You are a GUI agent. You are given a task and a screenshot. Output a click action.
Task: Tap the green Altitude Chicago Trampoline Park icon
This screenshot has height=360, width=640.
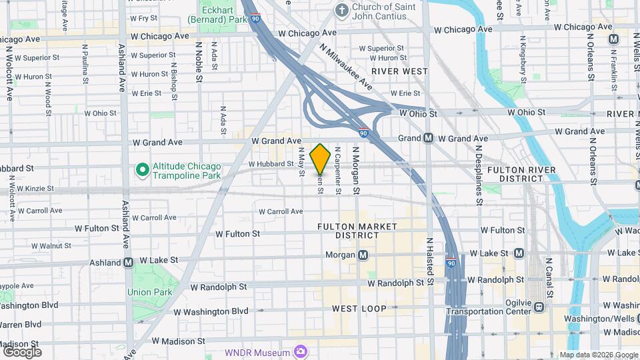[x=142, y=170]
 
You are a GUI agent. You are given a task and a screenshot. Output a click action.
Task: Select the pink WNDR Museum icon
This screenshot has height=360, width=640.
[x=301, y=351]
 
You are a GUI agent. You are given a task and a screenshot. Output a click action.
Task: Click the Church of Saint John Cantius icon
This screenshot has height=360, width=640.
[x=342, y=10]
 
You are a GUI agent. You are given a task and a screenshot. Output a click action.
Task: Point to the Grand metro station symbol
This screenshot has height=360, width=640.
[x=428, y=138]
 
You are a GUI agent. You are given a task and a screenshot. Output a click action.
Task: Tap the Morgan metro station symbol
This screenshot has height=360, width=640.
[x=363, y=255]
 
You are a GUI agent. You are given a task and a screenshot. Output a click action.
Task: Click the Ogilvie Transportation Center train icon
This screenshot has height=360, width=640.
[x=539, y=307]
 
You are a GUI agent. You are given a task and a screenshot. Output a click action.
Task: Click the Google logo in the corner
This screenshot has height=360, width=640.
[x=21, y=351]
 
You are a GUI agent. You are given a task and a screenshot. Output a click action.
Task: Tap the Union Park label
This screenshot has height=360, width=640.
[x=150, y=292]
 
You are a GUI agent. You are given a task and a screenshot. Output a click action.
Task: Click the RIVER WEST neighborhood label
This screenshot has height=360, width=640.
[x=399, y=71]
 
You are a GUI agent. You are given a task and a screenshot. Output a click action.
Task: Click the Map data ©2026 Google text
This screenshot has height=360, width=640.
[x=597, y=355]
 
